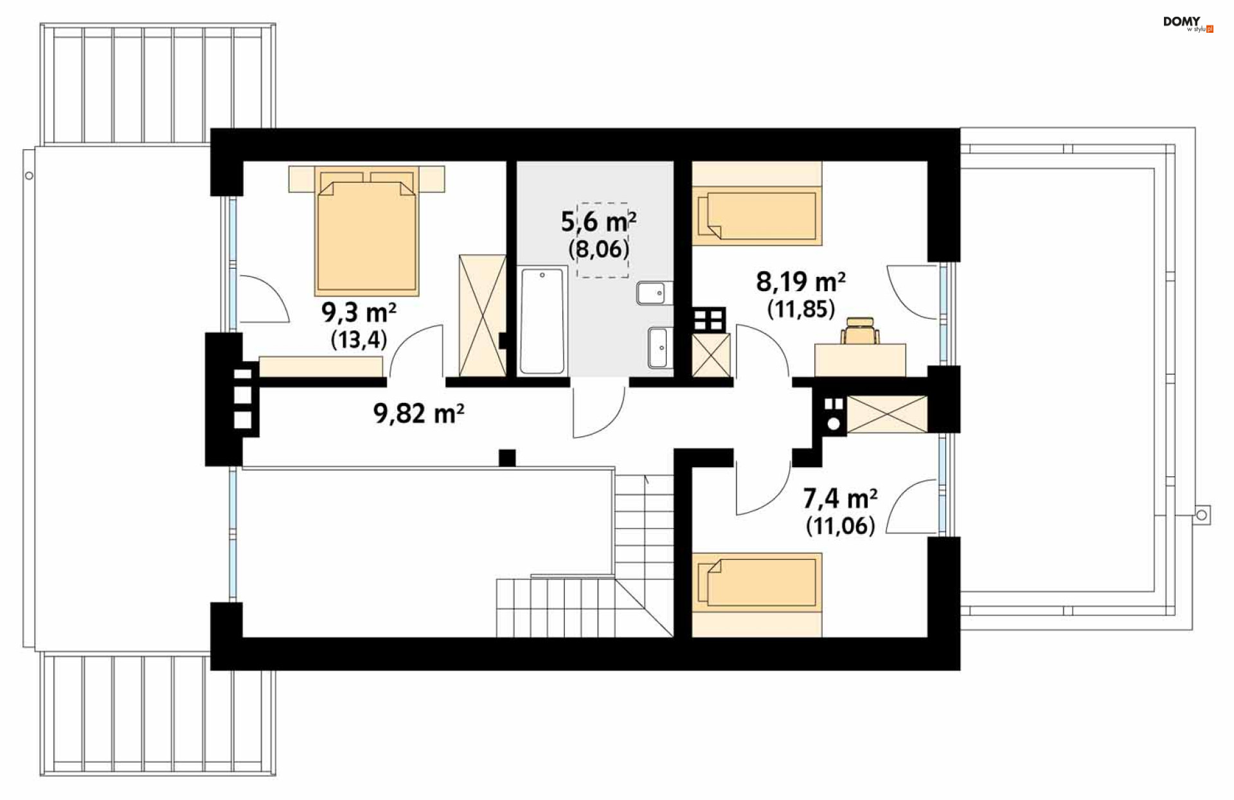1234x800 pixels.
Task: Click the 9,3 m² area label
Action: pos(359,313)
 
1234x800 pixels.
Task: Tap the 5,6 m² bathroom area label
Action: pos(598,222)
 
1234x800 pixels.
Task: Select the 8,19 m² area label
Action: pos(800,281)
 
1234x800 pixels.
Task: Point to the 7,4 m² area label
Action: pos(840,498)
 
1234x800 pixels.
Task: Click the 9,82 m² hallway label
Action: pos(418,413)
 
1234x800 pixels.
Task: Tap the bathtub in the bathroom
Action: pos(542,321)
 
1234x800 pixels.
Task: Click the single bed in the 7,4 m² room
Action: pos(757,594)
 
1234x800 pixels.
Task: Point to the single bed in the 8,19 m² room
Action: pos(757,203)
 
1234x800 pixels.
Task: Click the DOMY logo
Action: pos(1188,24)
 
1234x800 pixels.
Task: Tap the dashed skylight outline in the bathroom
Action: pos(603,240)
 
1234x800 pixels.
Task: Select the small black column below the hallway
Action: pos(507,458)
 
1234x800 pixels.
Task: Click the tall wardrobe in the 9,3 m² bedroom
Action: pos(483,315)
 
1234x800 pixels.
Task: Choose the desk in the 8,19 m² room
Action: pos(860,360)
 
